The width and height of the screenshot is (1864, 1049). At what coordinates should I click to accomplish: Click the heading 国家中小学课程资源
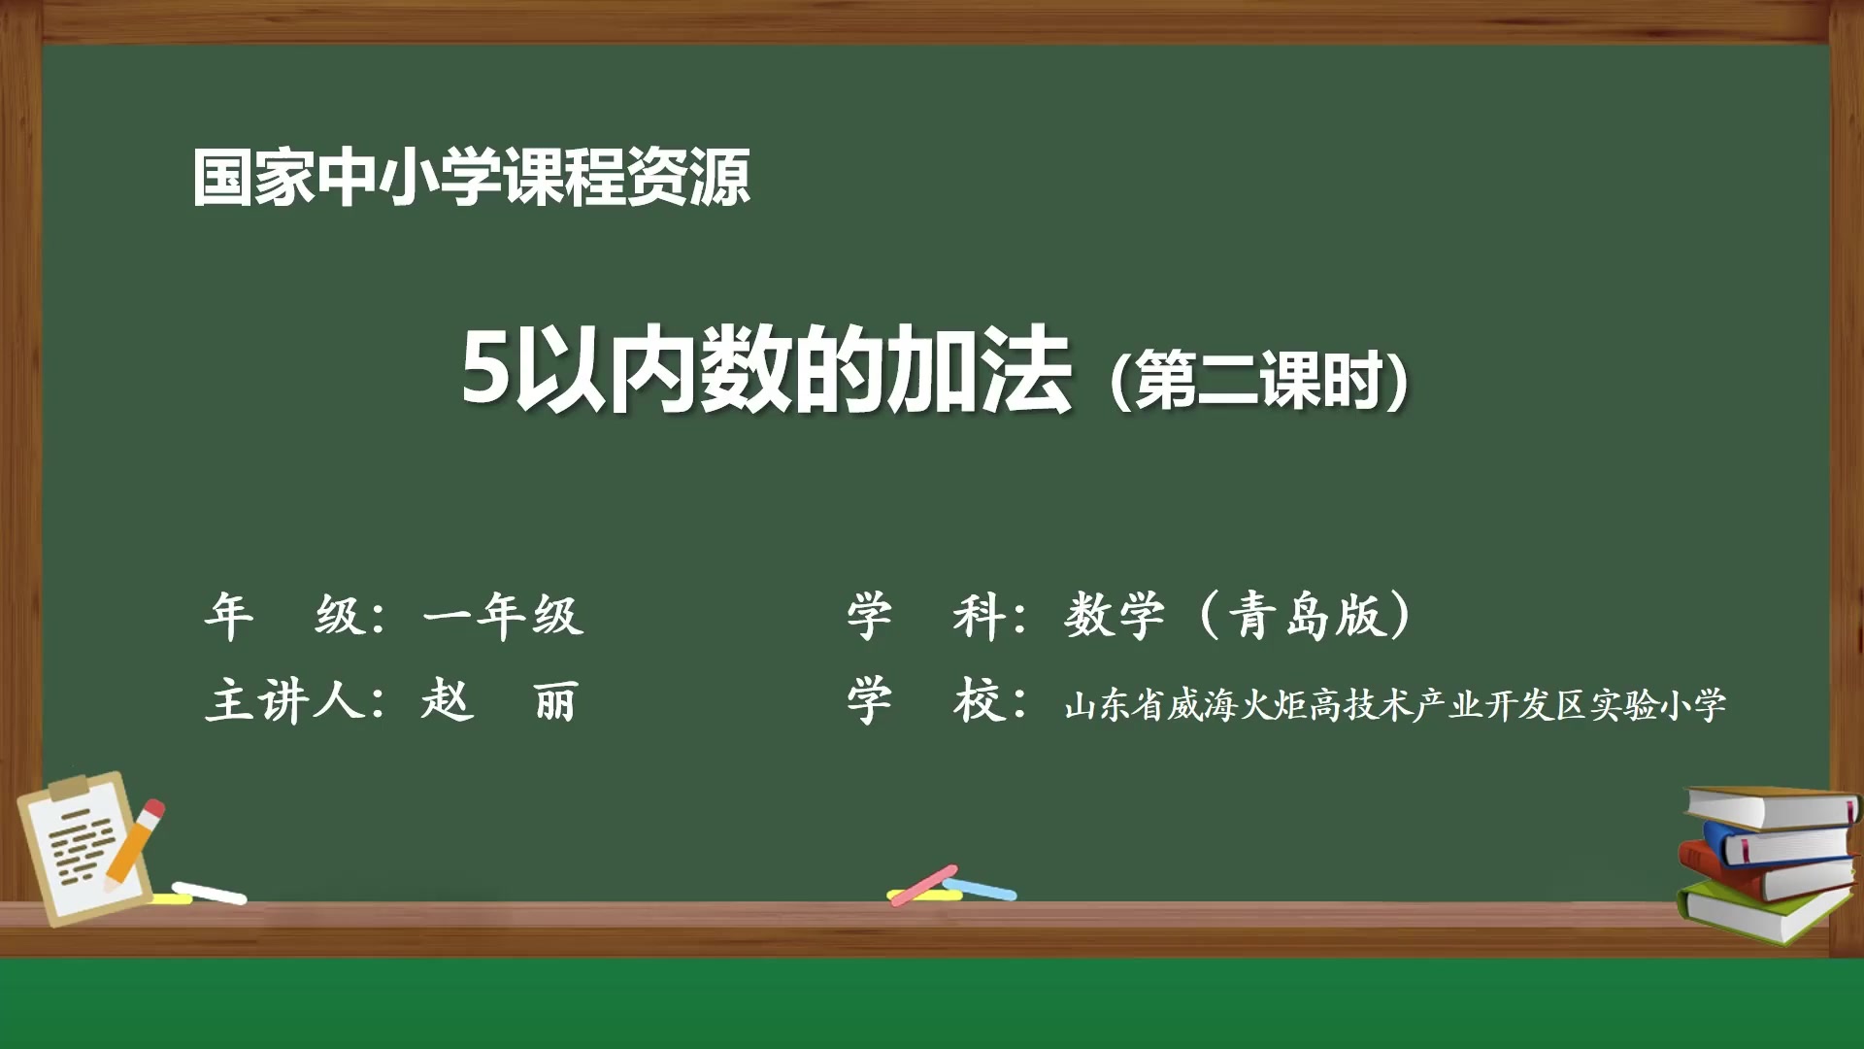tap(471, 178)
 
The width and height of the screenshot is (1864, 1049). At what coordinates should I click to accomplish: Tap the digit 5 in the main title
tap(484, 370)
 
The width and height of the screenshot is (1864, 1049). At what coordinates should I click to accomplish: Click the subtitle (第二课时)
tap(1258, 380)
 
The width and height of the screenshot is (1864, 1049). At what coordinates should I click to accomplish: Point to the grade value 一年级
tap(504, 615)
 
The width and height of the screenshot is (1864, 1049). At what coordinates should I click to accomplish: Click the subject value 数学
tap(1114, 615)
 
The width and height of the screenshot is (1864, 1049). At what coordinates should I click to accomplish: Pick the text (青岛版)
tap(1306, 615)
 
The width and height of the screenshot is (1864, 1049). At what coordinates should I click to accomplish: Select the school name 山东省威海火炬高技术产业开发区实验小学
tap(1395, 705)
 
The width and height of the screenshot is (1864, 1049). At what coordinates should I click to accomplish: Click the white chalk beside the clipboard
tap(210, 893)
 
